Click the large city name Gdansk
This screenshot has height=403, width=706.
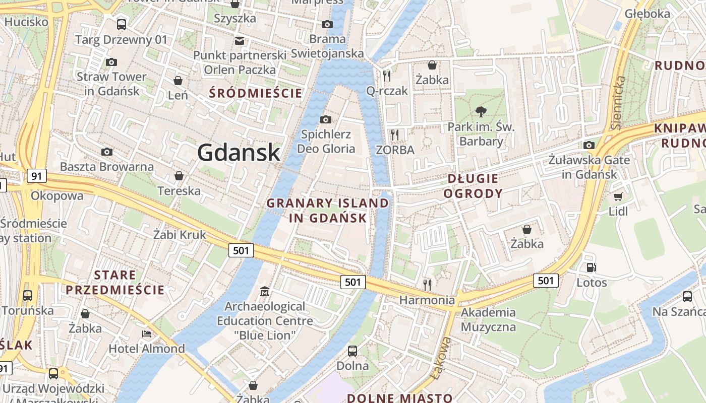[239, 152]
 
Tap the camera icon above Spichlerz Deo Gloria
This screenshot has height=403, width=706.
[326, 119]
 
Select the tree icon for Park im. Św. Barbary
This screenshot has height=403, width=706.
[481, 112]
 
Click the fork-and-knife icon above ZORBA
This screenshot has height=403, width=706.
[395, 135]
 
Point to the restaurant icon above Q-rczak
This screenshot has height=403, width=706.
[387, 76]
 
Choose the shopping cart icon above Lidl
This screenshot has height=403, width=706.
[618, 196]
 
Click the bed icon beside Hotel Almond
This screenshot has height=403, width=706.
[146, 334]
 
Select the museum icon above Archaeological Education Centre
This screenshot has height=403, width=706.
[264, 291]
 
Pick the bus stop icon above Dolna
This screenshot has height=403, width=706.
[352, 351]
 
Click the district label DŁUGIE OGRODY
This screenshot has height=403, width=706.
[473, 186]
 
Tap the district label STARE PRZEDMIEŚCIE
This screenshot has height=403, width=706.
[115, 282]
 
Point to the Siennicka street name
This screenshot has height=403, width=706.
[618, 103]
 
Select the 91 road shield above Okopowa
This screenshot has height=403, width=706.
[36, 176]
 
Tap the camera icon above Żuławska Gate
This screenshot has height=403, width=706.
[589, 146]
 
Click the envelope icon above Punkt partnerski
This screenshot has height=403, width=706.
[239, 40]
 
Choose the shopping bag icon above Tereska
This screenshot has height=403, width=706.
[179, 176]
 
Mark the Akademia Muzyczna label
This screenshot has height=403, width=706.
[488, 319]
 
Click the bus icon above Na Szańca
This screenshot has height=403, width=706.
[687, 296]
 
